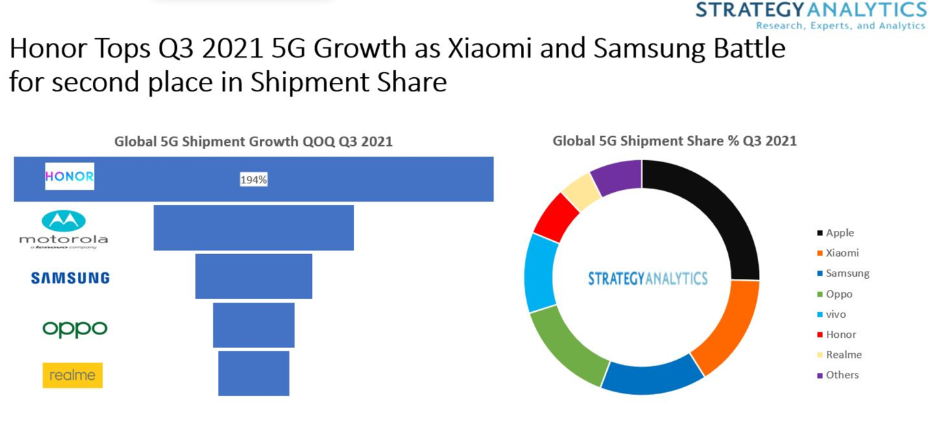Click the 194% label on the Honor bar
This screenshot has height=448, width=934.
254,180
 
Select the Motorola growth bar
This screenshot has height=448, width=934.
254,228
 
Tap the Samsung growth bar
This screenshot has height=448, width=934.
254,276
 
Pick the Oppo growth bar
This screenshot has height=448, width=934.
254,325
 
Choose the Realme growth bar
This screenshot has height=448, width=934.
254,373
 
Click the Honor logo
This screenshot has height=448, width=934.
69,176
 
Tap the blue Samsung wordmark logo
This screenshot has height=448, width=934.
70,278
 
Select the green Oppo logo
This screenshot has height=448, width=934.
75,329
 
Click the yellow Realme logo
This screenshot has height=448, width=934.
73,375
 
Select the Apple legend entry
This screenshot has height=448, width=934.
839,233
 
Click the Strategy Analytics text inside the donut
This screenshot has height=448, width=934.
647,278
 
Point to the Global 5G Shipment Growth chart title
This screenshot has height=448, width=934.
254,141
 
